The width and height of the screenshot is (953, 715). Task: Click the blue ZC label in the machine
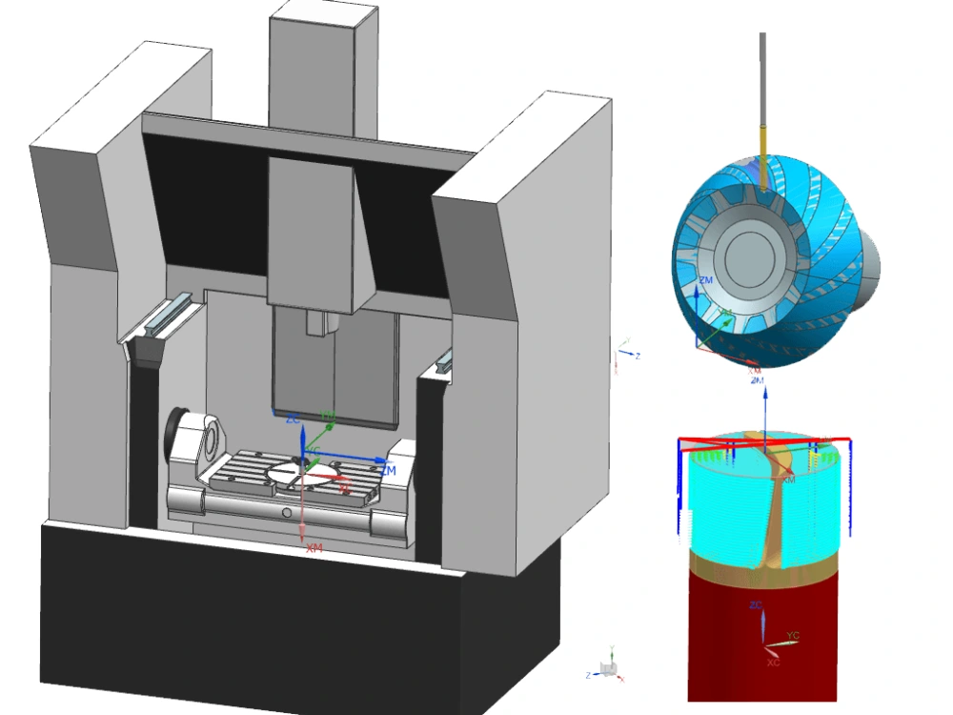pyautogui.click(x=294, y=419)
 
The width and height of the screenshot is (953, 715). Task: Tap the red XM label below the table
pyautogui.click(x=314, y=548)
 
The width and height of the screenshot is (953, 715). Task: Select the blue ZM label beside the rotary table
pyautogui.click(x=387, y=470)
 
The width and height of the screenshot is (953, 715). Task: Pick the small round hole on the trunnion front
pyautogui.click(x=287, y=513)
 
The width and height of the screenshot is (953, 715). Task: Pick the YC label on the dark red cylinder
pyautogui.click(x=793, y=634)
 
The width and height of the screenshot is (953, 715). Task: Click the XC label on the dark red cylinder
pyautogui.click(x=773, y=662)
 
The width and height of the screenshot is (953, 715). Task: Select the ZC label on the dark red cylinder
pyautogui.click(x=756, y=605)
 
